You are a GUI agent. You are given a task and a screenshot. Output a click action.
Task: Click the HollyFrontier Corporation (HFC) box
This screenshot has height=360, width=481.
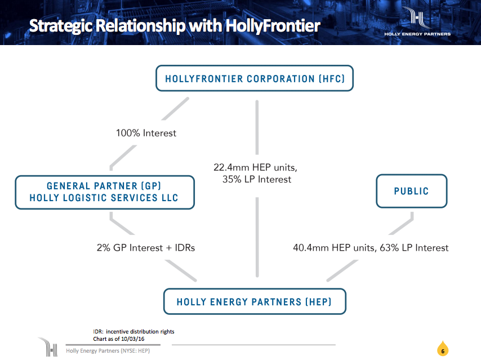254,78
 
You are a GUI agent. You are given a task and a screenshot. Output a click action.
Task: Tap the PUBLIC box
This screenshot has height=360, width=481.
411,192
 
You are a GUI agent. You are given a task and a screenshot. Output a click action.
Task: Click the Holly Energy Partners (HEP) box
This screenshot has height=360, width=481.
254,301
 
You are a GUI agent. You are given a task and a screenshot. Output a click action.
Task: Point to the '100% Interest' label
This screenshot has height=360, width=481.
146,133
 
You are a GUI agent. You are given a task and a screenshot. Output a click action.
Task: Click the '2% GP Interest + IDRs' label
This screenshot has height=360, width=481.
146,247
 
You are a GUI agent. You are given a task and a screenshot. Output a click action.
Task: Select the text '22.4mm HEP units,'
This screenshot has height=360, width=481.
255,167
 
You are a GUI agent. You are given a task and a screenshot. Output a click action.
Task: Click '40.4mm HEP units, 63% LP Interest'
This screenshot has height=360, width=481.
371,247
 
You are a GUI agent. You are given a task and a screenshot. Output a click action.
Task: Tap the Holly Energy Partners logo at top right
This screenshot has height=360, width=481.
417,21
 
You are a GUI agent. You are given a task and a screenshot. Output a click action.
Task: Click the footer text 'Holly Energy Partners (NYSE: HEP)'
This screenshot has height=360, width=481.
108,351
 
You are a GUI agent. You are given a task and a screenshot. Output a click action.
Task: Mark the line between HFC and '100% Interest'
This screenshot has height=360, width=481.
175,109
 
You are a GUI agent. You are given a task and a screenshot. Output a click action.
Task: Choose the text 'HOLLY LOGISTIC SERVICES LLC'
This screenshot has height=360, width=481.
104,198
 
